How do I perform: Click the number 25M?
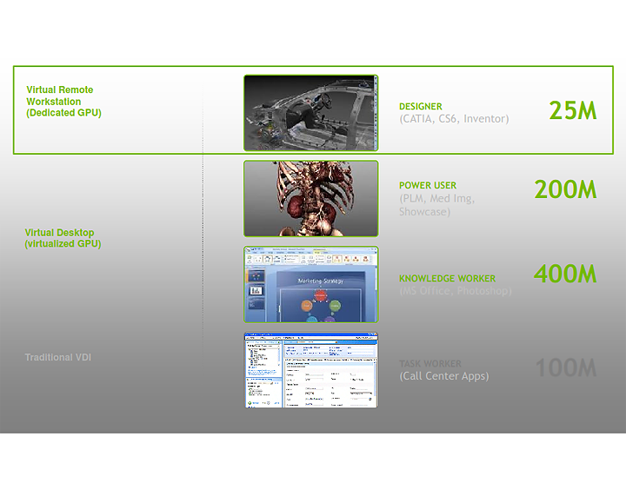coord(572,110)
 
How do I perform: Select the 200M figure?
coord(565,189)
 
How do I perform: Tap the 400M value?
coord(565,274)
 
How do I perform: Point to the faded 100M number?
coord(565,367)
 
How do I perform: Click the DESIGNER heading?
coord(421,107)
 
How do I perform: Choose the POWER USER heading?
coord(428,185)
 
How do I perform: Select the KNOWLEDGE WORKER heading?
coord(447,279)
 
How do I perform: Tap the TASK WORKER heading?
coord(430,364)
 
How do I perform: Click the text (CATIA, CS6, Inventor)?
coord(454,119)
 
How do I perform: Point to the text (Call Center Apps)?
coord(443,376)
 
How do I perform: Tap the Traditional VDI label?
coord(58,357)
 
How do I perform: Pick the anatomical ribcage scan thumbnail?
coord(310,198)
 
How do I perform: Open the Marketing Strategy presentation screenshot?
coord(310,284)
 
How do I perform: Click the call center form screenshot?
coord(310,370)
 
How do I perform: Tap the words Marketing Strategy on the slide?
coord(320,281)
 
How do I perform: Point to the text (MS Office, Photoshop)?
coord(455,291)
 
